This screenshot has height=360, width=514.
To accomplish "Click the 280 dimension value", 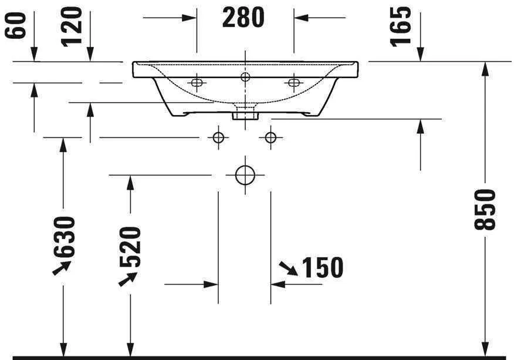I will (244, 18).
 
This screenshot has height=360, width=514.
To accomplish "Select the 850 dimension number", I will (486, 209).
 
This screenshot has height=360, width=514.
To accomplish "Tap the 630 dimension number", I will (64, 236).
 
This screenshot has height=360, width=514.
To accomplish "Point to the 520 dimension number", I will (131, 247).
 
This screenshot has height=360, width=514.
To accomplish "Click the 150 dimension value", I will (322, 268).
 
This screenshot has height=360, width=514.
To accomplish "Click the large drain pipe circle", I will (245, 175).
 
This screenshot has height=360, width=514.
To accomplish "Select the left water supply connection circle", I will (218, 137).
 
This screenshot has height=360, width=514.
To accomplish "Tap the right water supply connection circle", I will (270, 137).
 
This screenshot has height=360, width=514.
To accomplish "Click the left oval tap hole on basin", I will (196, 83).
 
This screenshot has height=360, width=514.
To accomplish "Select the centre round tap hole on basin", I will (245, 76).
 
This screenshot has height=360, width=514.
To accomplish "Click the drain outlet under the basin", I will (245, 112).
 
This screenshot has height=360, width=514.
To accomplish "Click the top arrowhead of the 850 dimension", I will (485, 68).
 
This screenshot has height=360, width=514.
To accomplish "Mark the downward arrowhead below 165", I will (420, 55).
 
